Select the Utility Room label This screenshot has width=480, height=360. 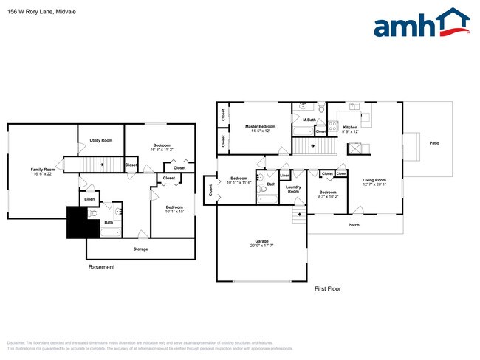[x=100, y=140]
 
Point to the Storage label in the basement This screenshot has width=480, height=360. [x=140, y=249]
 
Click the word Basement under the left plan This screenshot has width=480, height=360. [x=101, y=267]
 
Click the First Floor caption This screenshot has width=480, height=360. [x=329, y=288]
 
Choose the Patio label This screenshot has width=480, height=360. [x=435, y=143]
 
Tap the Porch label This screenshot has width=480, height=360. [x=354, y=224]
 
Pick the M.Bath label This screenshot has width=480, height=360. [x=309, y=120]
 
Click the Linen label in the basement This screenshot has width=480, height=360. [x=89, y=199]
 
